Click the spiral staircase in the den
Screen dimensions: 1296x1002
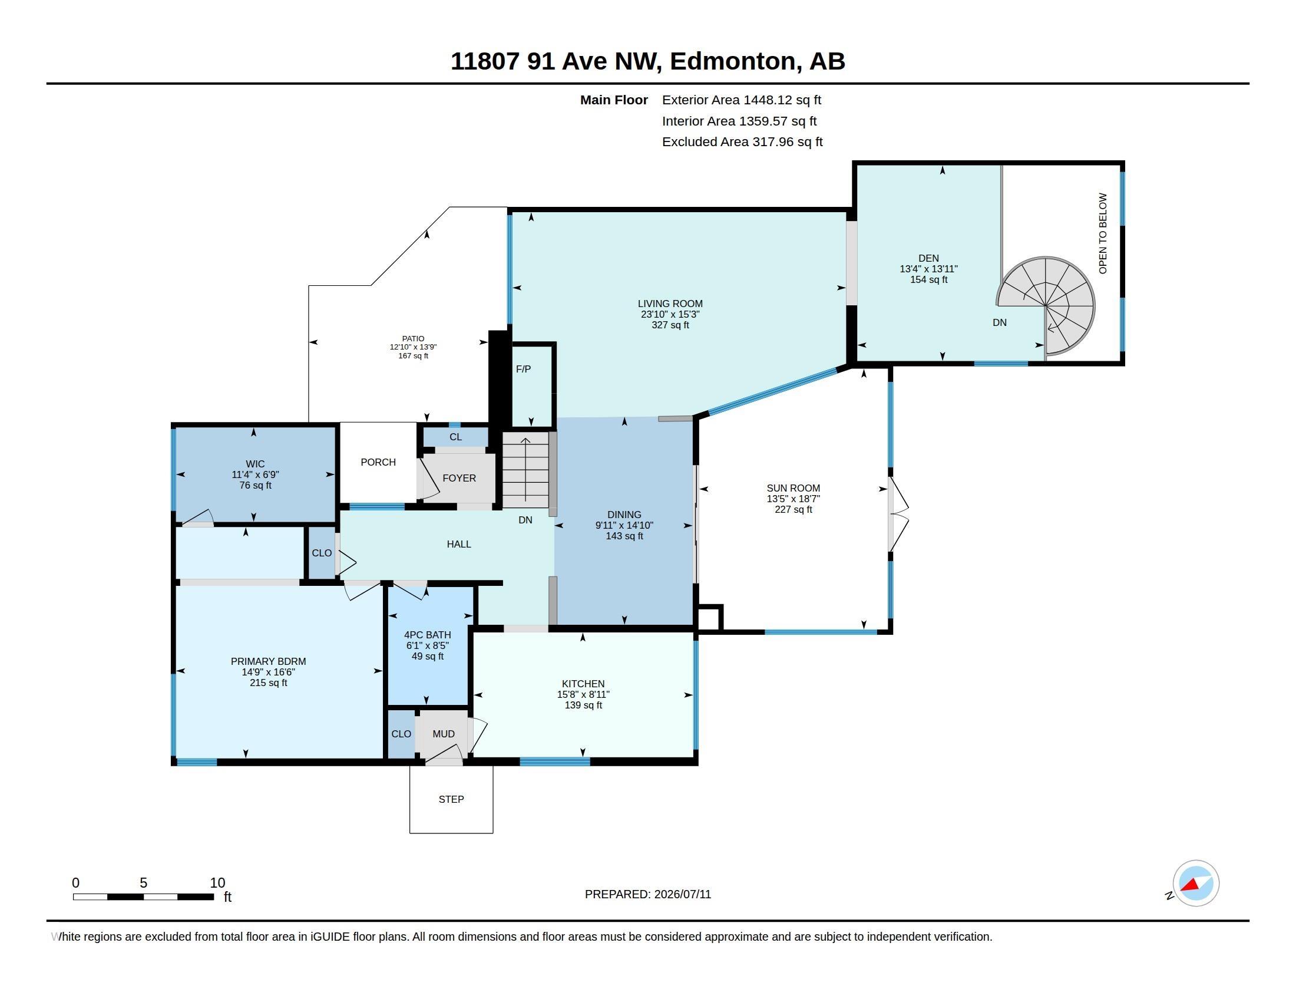[1046, 306]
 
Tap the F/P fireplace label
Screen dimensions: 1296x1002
[523, 369]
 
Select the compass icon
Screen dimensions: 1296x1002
[1195, 884]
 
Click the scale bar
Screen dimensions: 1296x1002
[143, 896]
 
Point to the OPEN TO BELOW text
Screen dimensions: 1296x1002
[1103, 233]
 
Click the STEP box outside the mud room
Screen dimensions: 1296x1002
[451, 799]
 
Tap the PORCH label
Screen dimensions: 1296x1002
[378, 462]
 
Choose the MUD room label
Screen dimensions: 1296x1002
[443, 734]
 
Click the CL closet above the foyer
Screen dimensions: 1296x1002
[455, 437]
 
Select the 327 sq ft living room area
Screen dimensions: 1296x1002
[670, 325]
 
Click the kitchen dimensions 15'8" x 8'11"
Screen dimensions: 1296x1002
[583, 694]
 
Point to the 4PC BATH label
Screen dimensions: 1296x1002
[427, 635]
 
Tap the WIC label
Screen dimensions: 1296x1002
[255, 464]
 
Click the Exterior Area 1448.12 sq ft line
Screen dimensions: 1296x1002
[741, 100]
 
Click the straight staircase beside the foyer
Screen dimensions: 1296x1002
[525, 470]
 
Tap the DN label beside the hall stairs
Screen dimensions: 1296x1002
[525, 520]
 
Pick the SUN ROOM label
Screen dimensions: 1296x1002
[793, 488]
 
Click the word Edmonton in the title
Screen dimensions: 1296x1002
[732, 61]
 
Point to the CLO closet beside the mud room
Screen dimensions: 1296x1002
[401, 734]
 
